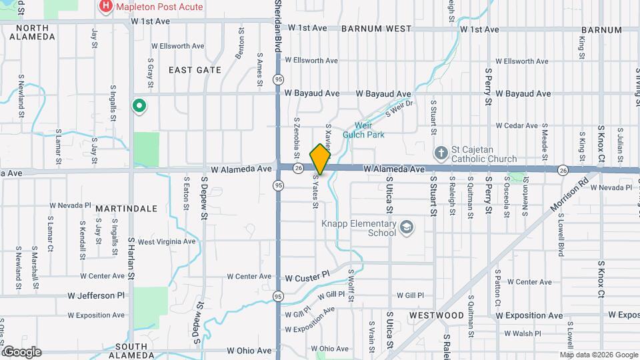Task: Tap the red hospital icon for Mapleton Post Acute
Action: point(105,7)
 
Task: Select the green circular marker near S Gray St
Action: point(139,106)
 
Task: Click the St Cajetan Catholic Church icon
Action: point(440,153)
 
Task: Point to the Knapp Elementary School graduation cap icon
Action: point(405,229)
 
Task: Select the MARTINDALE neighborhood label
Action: point(126,209)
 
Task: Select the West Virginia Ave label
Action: point(167,241)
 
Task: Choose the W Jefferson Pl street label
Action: point(96,295)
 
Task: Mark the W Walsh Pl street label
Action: point(518,333)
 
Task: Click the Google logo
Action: point(21,351)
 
